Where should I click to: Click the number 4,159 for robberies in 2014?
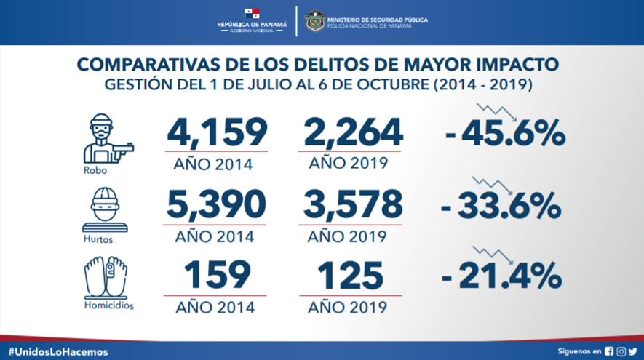pyautogui.click(x=216, y=132)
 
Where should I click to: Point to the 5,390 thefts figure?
pyautogui.click(x=216, y=205)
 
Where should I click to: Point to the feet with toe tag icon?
pyautogui.click(x=106, y=278)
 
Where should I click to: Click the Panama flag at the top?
pyautogui.click(x=252, y=14)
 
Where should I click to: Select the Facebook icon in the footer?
pyautogui.click(x=609, y=351)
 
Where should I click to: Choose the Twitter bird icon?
pyautogui.click(x=632, y=351)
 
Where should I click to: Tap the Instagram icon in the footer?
pyautogui.click(x=621, y=351)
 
